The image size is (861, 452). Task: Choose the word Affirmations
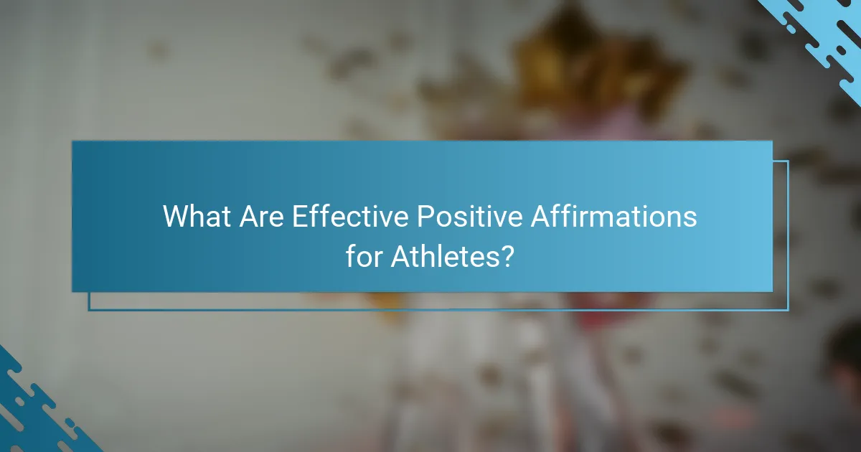(614, 217)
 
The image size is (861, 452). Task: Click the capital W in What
(177, 217)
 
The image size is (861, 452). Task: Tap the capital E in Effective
(298, 217)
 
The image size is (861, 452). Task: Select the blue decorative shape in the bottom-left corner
(36, 416)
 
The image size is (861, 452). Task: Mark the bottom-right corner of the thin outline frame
(788, 310)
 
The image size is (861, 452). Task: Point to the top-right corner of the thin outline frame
(788, 161)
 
